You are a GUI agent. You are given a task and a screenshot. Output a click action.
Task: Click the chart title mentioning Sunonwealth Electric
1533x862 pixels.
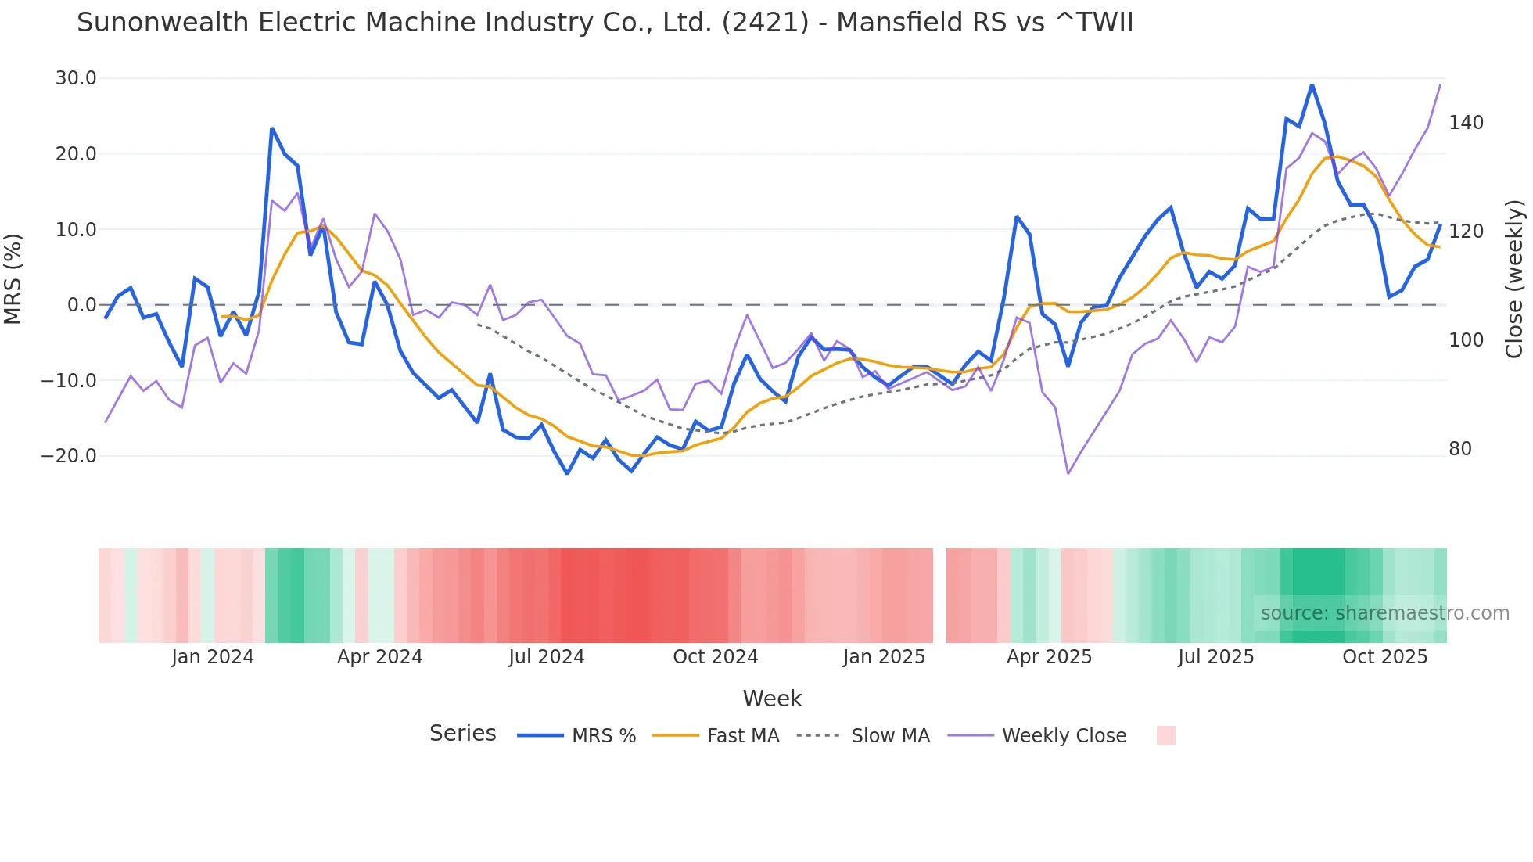pyautogui.click(x=605, y=23)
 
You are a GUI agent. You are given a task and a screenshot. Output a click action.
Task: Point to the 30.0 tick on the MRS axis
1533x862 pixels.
pyautogui.click(x=76, y=78)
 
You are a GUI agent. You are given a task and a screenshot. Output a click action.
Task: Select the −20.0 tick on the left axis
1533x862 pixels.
pyautogui.click(x=70, y=456)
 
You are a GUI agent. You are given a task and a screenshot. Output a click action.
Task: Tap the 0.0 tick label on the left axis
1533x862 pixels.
pyautogui.click(x=82, y=305)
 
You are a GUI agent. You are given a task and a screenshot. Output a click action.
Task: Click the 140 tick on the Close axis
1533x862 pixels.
pyautogui.click(x=1466, y=123)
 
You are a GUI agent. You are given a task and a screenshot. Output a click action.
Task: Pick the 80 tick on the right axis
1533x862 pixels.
pyautogui.click(x=1460, y=449)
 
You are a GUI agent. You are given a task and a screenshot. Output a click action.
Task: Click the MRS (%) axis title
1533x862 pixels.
pyautogui.click(x=13, y=278)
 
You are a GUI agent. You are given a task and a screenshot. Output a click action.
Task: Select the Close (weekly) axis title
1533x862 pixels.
pyautogui.click(x=1514, y=279)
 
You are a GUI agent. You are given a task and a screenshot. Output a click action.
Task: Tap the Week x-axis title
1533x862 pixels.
pyautogui.click(x=772, y=699)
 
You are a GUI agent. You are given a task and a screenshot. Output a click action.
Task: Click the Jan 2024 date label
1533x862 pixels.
pyautogui.click(x=213, y=657)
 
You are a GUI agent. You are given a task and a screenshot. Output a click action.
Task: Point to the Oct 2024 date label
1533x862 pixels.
pyautogui.click(x=715, y=657)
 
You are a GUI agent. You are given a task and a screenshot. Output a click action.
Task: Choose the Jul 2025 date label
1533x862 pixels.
pyautogui.click(x=1215, y=657)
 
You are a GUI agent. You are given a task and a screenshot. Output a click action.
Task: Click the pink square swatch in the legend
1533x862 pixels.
pyautogui.click(x=1165, y=735)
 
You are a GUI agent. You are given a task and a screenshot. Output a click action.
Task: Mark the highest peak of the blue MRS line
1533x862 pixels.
pyautogui.click(x=1312, y=84)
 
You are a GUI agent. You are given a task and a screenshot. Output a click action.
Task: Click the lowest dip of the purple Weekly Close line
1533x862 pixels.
pyautogui.click(x=1068, y=473)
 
